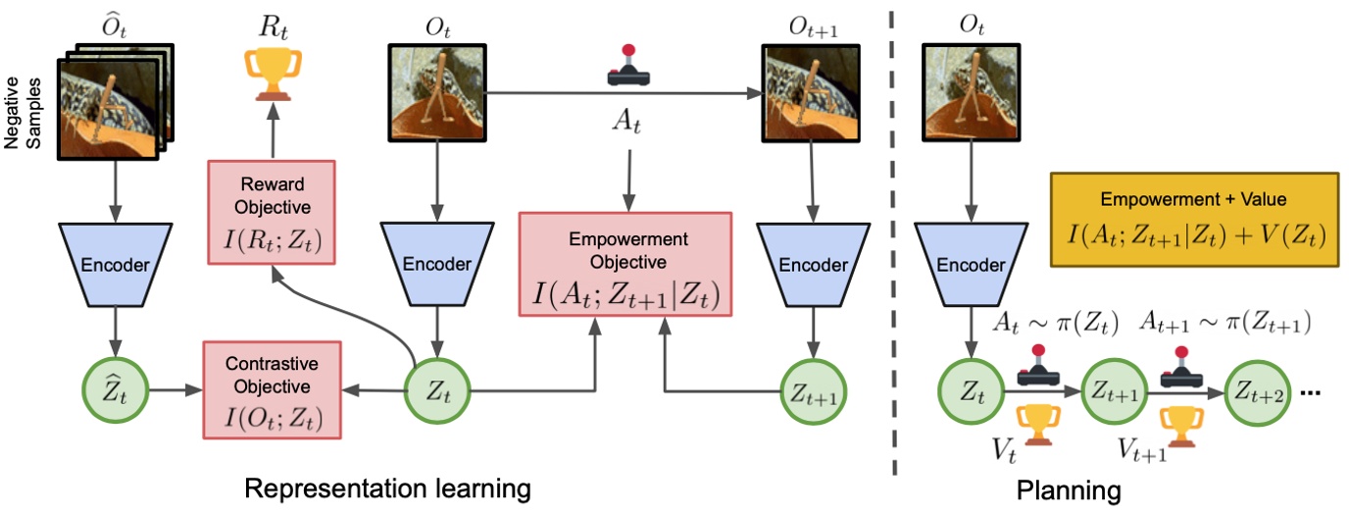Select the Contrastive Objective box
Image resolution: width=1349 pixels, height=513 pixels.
pos(271,388)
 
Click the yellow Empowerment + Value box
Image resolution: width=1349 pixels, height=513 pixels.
pos(1193,221)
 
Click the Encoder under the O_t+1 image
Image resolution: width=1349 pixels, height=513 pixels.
pos(809,264)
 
